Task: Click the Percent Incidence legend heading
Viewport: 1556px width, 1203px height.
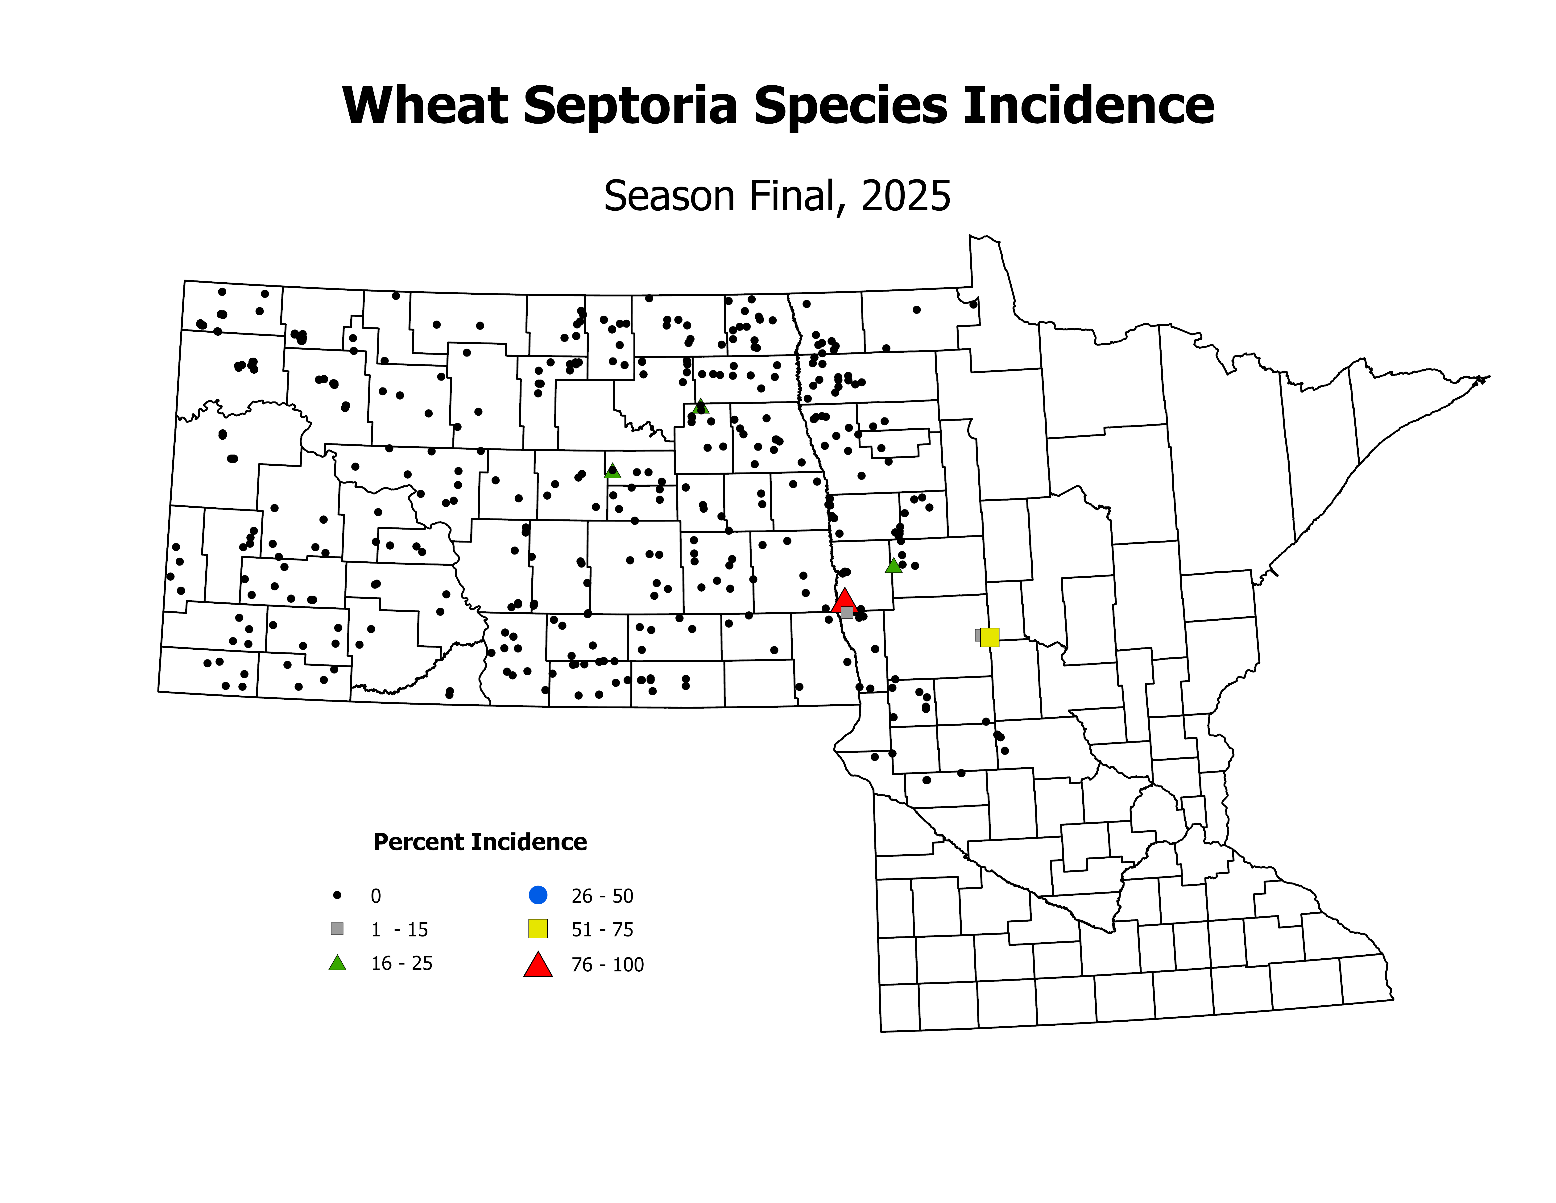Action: (x=480, y=842)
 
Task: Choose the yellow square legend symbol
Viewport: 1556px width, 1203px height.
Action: (x=538, y=929)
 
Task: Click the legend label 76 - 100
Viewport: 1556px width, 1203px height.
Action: (x=607, y=965)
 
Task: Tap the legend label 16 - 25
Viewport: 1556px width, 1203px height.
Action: (x=401, y=964)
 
